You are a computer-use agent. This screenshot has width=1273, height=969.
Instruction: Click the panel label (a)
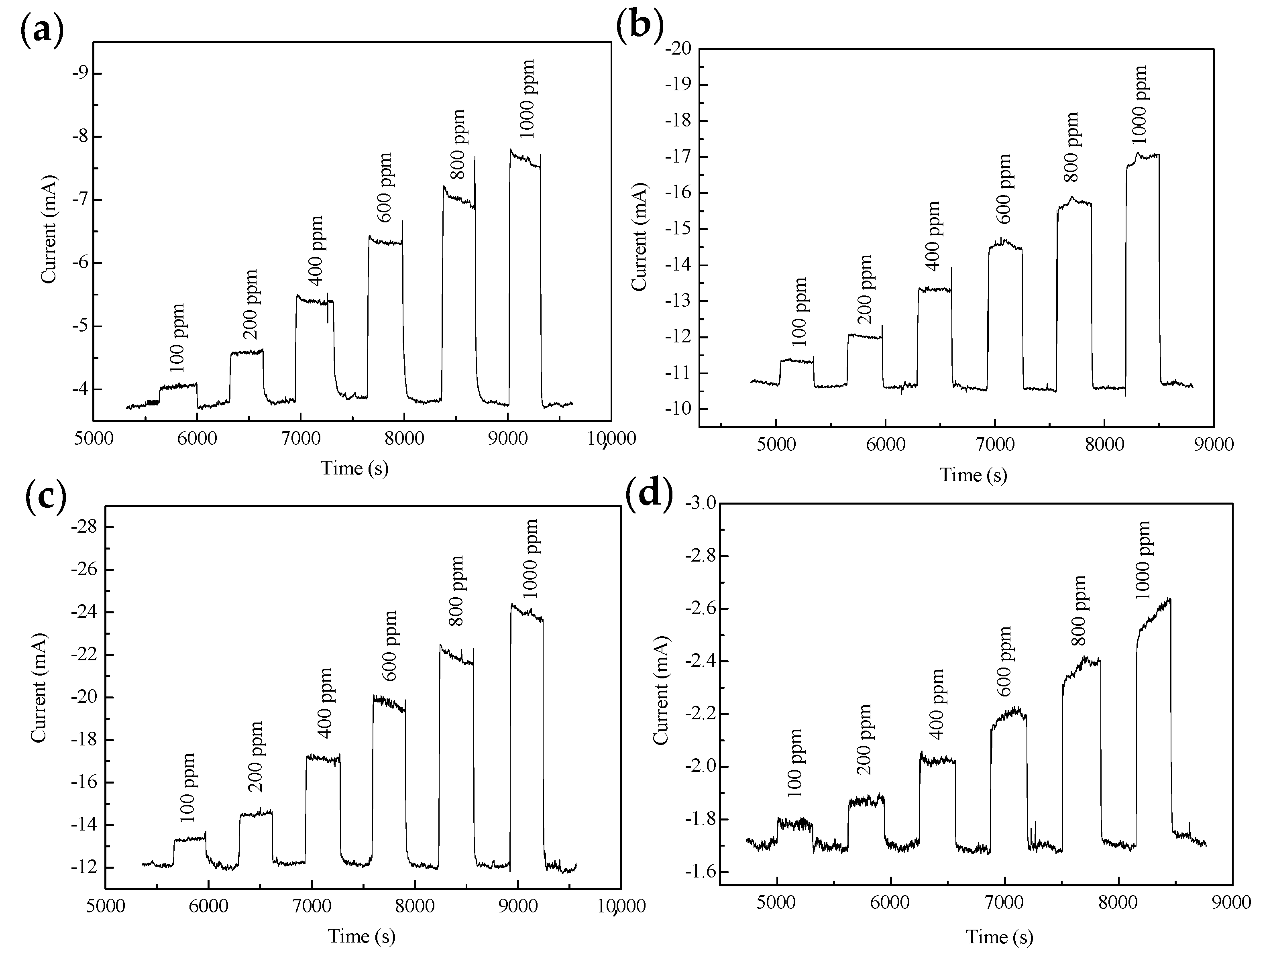pos(41,30)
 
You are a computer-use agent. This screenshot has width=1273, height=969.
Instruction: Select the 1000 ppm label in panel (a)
pos(527,99)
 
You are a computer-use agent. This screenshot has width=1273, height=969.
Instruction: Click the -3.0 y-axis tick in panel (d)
pos(699,503)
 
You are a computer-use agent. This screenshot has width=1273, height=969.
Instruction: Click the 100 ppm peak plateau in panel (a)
pos(179,385)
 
